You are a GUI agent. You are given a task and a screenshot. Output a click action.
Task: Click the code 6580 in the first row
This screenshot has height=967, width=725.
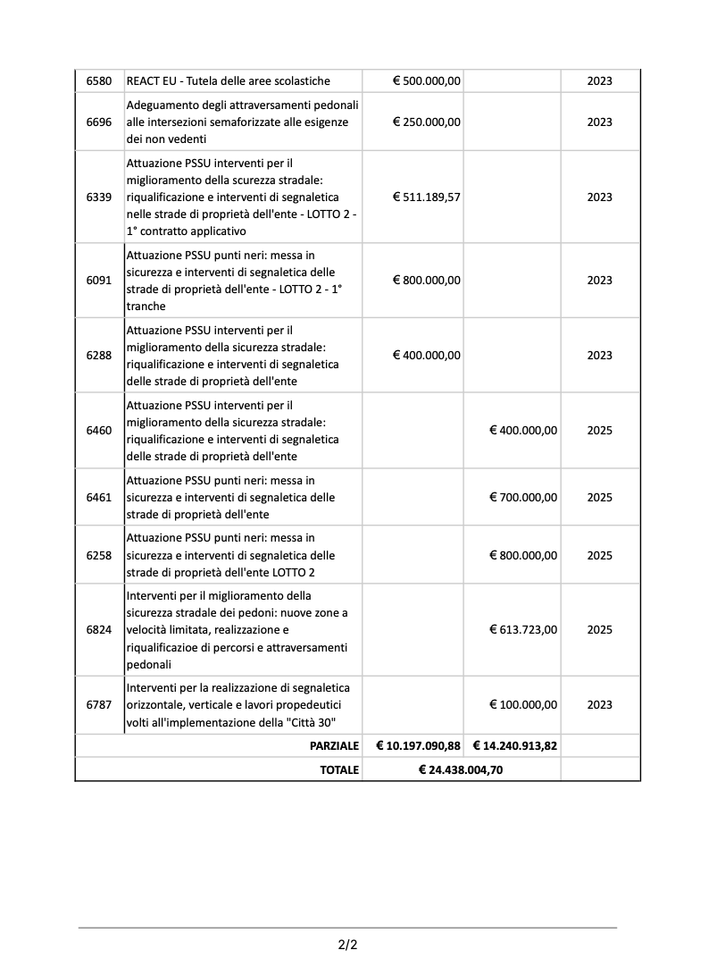[99, 81]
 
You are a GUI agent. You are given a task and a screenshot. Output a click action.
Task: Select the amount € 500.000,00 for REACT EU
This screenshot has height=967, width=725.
[427, 81]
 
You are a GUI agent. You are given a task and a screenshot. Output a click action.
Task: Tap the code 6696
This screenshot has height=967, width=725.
[99, 122]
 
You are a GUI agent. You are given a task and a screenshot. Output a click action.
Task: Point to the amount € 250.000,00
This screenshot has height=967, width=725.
[427, 122]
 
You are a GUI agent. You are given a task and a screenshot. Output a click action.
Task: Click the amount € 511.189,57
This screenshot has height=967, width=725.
[427, 198]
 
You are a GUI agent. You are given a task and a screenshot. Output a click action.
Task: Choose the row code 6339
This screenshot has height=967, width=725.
[99, 198]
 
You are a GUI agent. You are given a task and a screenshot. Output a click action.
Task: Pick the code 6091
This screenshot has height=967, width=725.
[99, 281]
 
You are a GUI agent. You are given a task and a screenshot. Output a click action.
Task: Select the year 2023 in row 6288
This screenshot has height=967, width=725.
[600, 356]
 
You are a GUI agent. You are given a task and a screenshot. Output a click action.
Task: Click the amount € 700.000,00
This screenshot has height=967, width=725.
[523, 498]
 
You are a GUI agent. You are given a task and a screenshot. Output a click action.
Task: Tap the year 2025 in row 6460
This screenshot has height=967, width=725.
[600, 431]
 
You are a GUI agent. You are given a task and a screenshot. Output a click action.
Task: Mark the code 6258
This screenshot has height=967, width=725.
[99, 556]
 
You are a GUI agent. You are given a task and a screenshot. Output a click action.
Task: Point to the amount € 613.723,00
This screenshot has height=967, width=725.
[523, 630]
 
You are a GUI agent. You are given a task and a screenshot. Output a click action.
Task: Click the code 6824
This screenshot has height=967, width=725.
[99, 630]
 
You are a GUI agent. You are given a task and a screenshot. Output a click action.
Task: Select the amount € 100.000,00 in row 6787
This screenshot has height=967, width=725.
[523, 705]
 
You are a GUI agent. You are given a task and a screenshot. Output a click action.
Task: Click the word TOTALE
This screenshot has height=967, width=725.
[339, 769]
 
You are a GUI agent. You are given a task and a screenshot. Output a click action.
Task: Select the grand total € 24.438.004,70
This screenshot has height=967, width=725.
[461, 769]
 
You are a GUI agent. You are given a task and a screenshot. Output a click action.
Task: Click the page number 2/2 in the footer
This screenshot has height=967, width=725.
[347, 944]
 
